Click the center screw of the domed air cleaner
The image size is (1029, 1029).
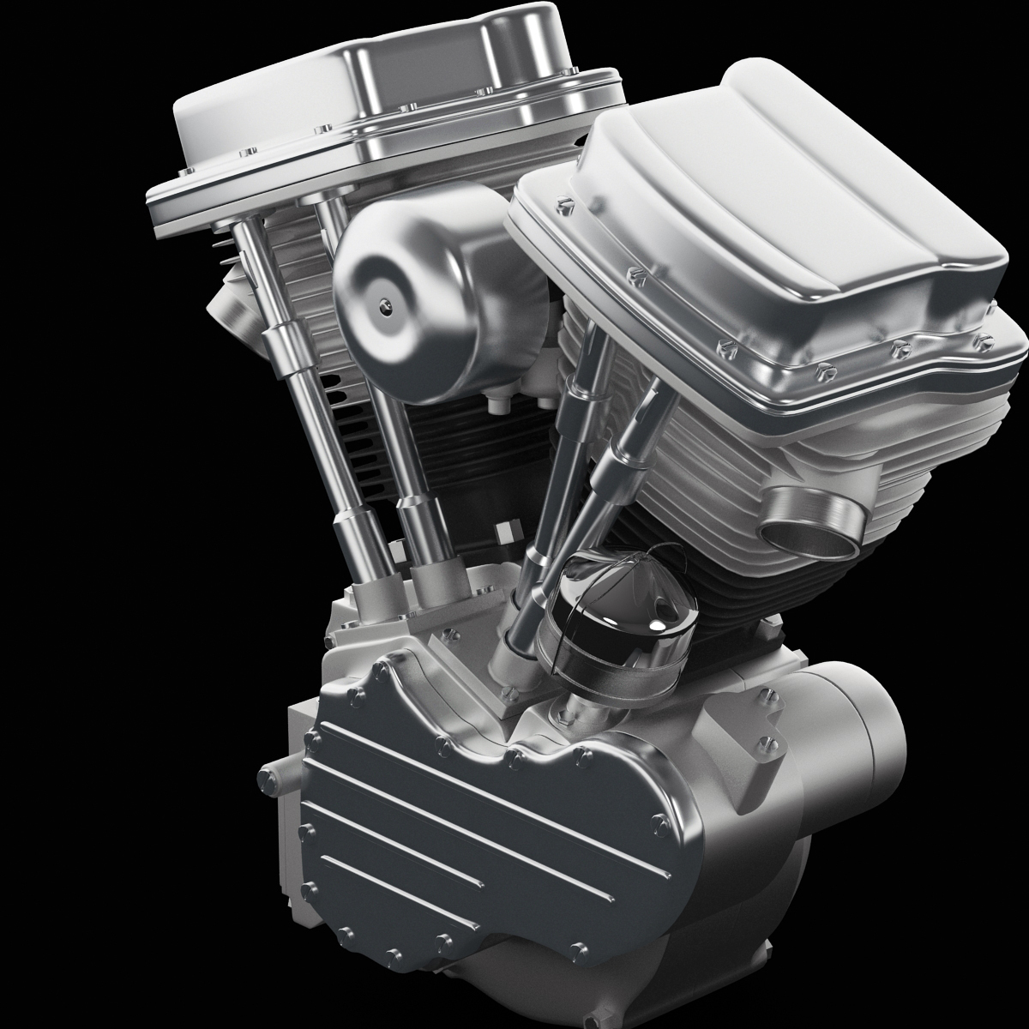(384, 302)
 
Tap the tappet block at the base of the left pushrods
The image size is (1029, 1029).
(403, 600)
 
